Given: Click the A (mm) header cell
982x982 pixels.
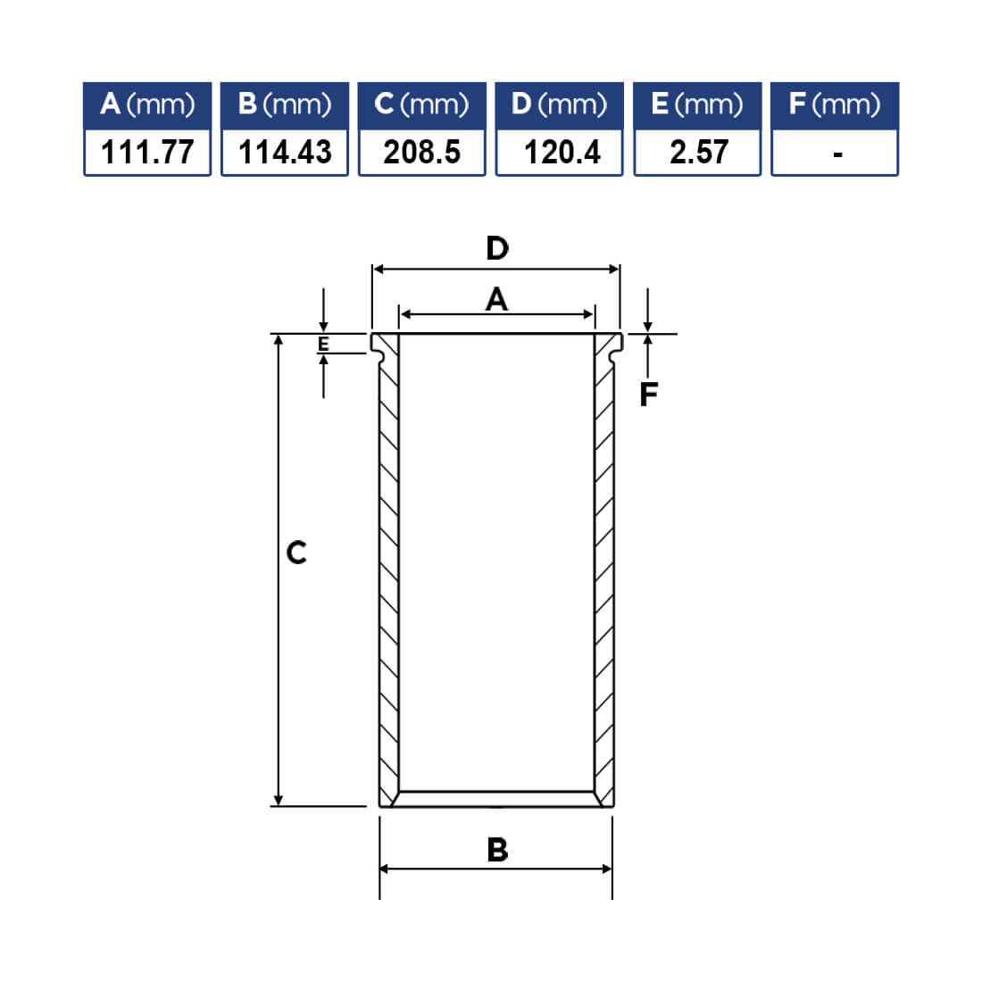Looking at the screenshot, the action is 147,105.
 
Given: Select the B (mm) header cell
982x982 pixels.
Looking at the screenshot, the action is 284,105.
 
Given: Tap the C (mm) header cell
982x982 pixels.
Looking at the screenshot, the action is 421,105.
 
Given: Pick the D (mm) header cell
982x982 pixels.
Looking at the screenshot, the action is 559,105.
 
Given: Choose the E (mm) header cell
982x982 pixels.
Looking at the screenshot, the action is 697,105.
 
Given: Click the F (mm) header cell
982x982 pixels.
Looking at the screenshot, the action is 835,105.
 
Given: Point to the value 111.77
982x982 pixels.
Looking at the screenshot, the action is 147,152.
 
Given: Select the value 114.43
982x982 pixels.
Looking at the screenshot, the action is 285,152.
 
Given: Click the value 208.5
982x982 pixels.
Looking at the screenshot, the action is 422,152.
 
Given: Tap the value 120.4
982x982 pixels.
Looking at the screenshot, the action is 562,152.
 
